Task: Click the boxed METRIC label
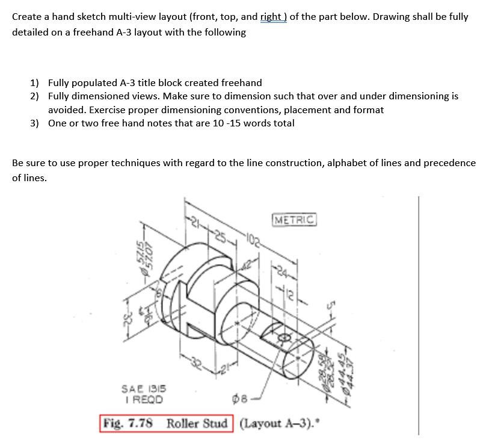click(294, 220)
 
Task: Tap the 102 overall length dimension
click(251, 238)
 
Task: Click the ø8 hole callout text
click(238, 399)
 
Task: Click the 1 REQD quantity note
click(142, 398)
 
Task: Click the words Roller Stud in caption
click(197, 423)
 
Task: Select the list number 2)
click(35, 96)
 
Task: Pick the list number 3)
click(35, 123)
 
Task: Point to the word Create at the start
click(28, 17)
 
